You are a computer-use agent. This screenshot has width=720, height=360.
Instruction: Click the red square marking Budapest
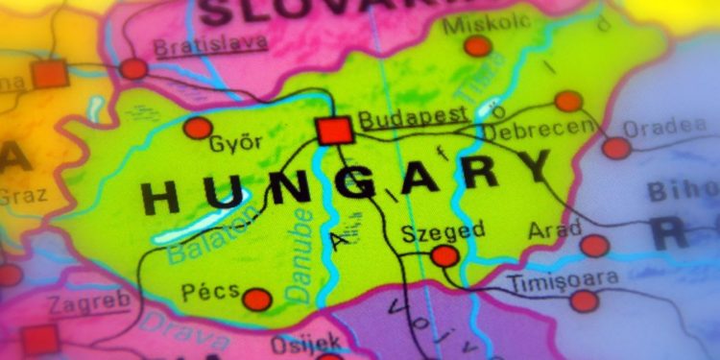click(335, 130)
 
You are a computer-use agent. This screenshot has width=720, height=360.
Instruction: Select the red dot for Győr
click(198, 128)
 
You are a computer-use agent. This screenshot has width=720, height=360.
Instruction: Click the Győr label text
click(235, 145)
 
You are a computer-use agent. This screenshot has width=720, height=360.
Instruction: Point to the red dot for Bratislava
click(134, 68)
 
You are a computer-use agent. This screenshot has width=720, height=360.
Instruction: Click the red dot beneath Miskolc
click(477, 46)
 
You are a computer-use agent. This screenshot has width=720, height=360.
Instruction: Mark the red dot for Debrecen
click(568, 101)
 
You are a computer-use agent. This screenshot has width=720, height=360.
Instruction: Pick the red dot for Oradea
click(616, 148)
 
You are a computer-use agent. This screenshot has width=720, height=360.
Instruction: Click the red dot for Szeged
click(444, 255)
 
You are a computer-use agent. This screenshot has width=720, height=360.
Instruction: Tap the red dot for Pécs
click(256, 300)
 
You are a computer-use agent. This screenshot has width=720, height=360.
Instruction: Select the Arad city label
click(555, 230)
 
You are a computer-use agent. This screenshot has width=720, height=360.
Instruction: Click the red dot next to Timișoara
click(584, 301)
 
